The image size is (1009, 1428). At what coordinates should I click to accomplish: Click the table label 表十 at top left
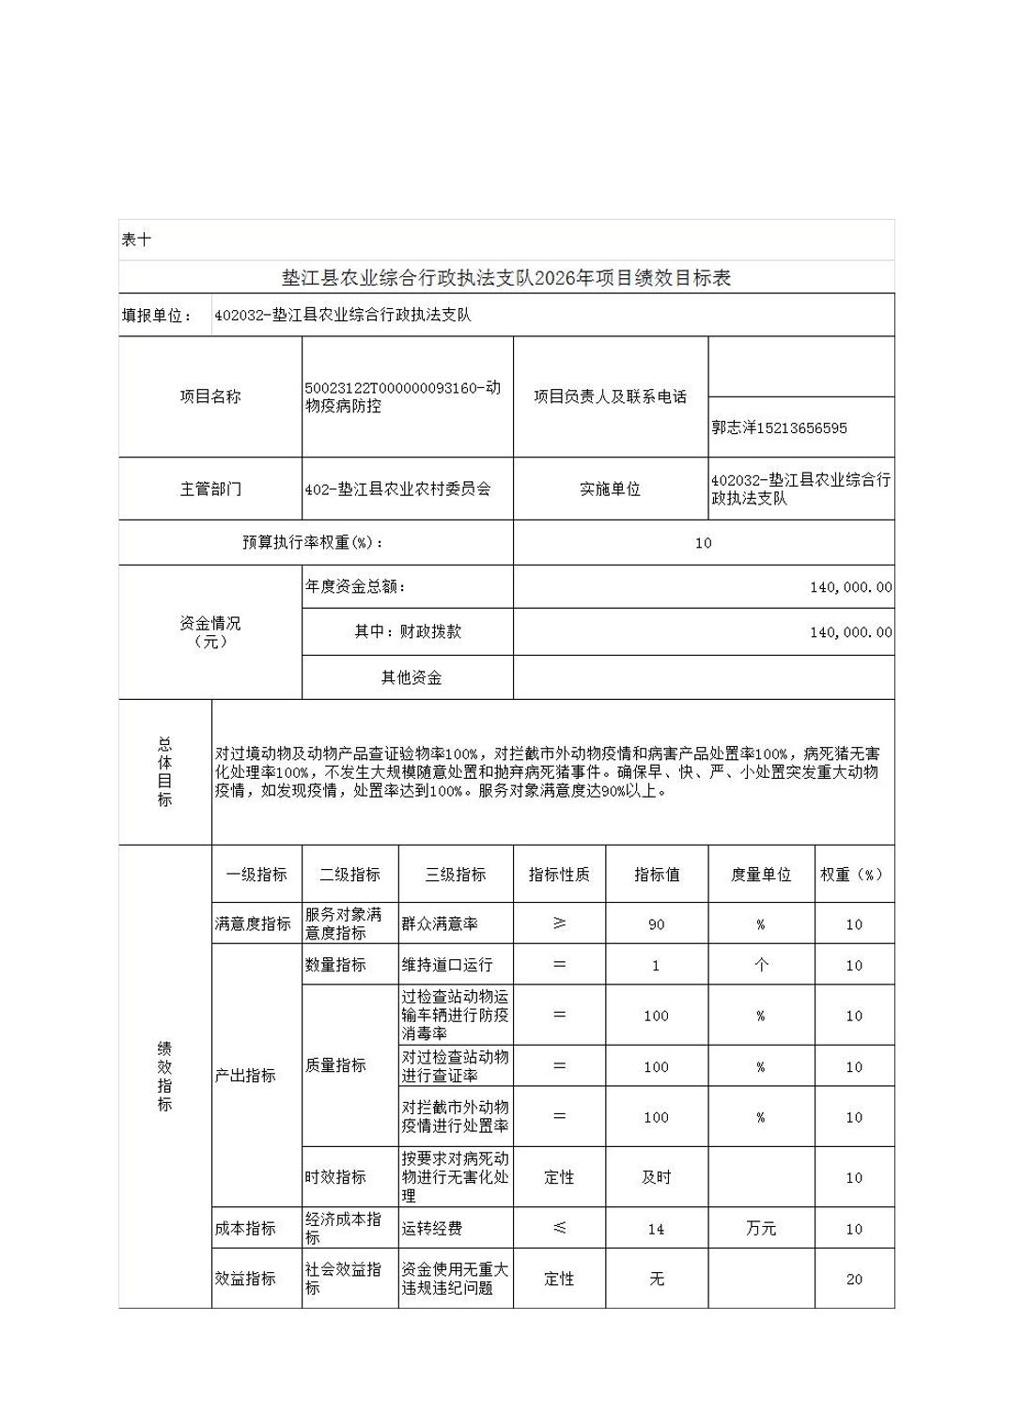[136, 240]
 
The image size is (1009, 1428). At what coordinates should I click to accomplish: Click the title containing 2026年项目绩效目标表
[506, 278]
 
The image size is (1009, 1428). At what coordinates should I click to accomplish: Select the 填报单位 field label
[157, 316]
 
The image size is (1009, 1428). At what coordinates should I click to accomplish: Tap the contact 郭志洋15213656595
[779, 427]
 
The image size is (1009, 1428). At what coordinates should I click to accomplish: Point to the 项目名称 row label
[210, 396]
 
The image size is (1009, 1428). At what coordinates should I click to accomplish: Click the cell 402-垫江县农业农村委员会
[398, 489]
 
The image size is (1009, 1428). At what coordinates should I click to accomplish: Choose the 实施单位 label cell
[610, 489]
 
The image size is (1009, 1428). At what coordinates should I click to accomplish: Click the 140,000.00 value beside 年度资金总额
[850, 587]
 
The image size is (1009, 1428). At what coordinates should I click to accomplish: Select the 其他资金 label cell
[411, 677]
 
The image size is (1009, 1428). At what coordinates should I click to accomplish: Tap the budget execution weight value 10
[703, 543]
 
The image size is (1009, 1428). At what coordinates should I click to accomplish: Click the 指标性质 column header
[559, 875]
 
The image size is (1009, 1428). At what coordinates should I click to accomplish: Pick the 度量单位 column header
[761, 875]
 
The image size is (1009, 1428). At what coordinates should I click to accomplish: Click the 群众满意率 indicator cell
[440, 924]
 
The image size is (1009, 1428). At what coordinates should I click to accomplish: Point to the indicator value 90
[656, 924]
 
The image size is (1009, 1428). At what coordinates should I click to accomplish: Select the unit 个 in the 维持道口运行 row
[761, 965]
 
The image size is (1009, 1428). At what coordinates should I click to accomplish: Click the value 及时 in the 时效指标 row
[656, 1177]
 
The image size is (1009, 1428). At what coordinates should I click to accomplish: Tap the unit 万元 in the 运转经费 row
[761, 1229]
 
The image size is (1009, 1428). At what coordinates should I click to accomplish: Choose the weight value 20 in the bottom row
[853, 1279]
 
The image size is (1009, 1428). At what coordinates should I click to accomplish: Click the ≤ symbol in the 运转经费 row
[559, 1228]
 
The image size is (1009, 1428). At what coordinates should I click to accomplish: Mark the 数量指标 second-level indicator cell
[335, 965]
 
